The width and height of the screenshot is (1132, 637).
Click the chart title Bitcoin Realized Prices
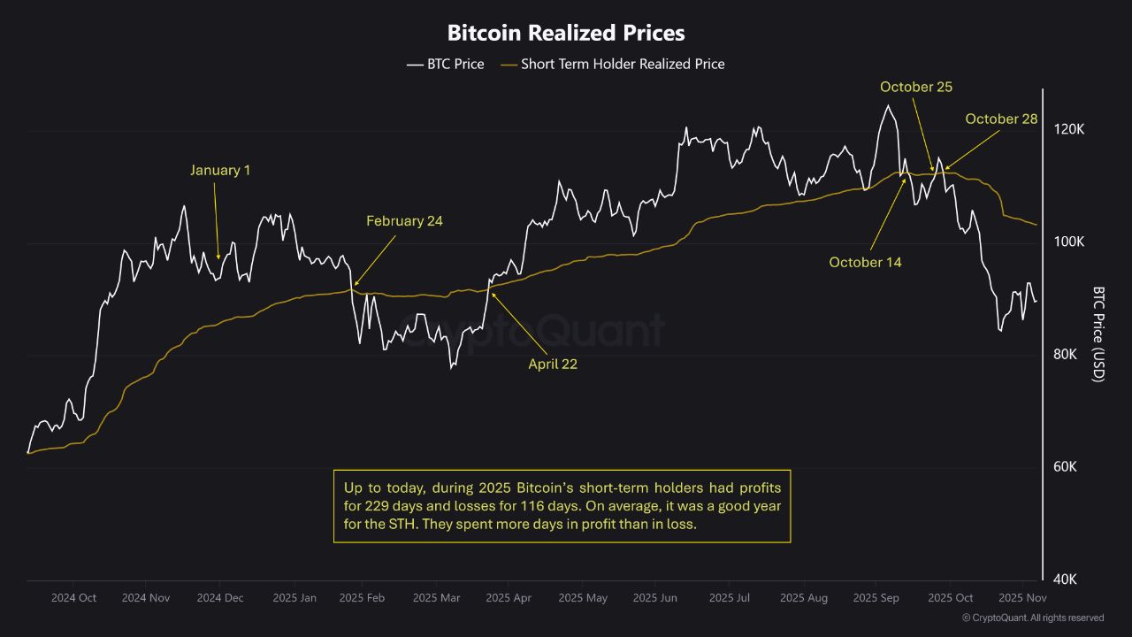(x=566, y=34)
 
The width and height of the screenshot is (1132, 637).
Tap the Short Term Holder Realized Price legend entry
(x=612, y=64)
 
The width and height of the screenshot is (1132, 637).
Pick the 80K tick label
(x=1067, y=355)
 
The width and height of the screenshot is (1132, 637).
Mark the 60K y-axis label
(x=1067, y=467)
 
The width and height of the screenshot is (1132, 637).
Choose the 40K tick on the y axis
(x=1067, y=579)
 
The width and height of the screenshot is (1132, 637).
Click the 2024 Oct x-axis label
(x=73, y=598)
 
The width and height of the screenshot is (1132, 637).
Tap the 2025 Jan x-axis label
(x=294, y=598)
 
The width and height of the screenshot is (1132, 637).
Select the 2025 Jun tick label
(x=655, y=598)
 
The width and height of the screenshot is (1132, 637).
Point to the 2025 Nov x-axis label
(x=1022, y=598)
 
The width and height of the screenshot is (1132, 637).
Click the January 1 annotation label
(x=220, y=170)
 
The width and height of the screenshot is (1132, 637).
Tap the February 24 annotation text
(x=404, y=221)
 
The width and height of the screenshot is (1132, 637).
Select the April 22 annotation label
(x=553, y=364)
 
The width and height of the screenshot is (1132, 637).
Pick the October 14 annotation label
(x=865, y=262)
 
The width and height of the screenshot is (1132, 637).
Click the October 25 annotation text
(x=916, y=87)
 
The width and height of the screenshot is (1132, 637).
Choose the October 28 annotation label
(x=1001, y=119)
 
